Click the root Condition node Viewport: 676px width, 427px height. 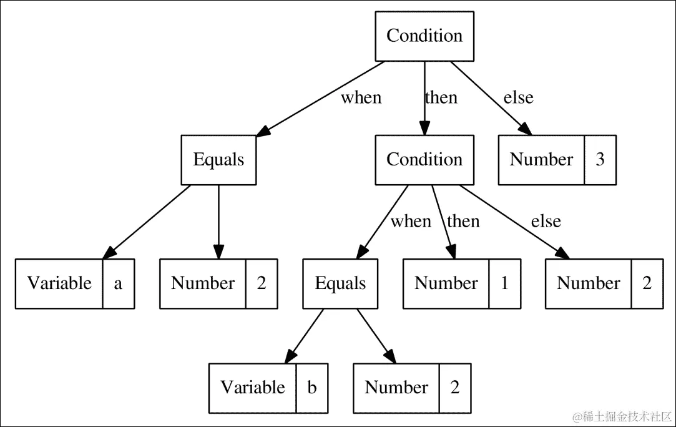424,36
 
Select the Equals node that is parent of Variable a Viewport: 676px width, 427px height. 218,160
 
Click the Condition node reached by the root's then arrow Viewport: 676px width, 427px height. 424,160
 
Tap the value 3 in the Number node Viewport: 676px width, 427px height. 600,160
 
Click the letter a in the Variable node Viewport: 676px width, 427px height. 118,283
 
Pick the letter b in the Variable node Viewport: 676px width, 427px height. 311,388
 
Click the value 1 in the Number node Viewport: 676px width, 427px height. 504,283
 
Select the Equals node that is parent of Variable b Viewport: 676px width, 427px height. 340,283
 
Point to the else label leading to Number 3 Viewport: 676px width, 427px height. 518,98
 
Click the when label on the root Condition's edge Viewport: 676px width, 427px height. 361,98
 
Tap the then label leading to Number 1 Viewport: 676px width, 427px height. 463,222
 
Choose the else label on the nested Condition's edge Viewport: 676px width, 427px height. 546,222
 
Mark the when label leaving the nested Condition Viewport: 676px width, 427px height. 411,222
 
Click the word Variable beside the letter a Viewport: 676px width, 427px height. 59,283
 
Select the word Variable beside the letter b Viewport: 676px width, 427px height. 253,388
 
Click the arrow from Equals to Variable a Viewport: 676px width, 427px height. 147,222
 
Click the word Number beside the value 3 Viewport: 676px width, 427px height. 541,160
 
